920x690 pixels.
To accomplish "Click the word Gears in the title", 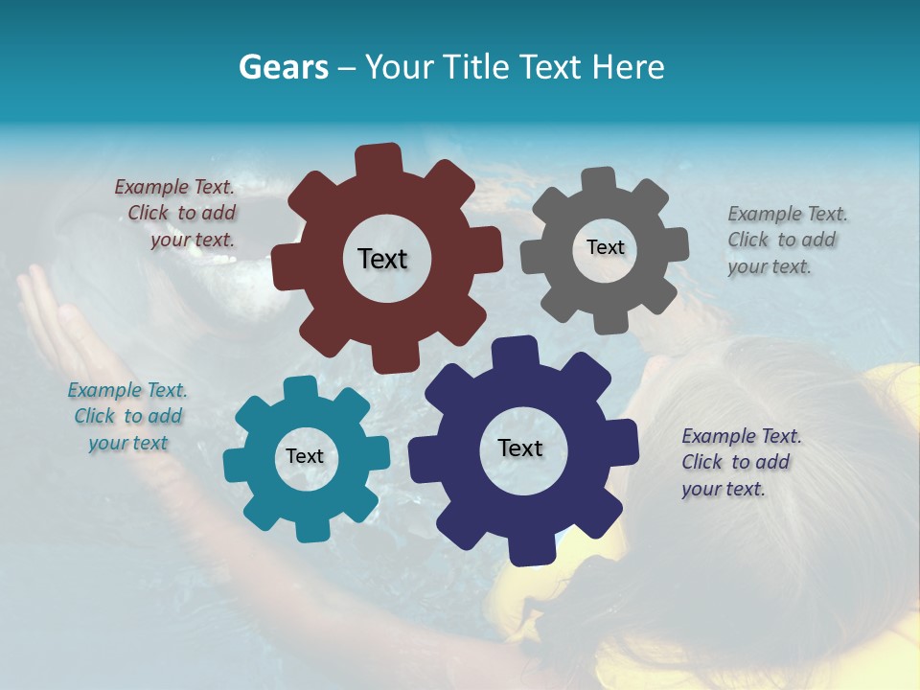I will point(283,67).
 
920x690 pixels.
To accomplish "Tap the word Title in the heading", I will point(473,67).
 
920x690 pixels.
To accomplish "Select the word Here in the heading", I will point(628,67).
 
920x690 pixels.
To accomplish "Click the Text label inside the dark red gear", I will point(382,259).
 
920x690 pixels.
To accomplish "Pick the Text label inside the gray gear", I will point(605,247).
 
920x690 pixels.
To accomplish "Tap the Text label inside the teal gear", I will point(305,456).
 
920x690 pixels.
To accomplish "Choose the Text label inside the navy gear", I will point(520,448).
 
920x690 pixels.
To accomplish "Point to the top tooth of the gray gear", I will point(599,181).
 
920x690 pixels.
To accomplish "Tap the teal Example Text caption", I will point(127,417).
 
